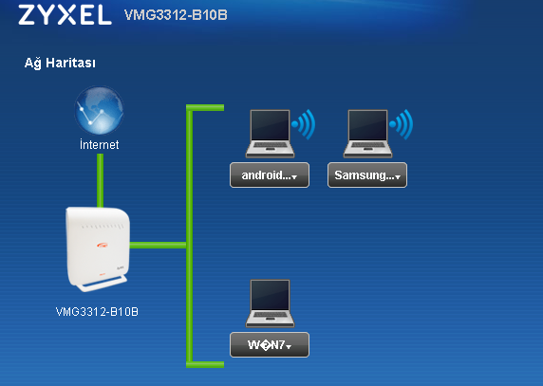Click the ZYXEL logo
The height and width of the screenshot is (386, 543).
pyautogui.click(x=66, y=15)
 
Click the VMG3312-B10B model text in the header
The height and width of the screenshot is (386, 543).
pyautogui.click(x=176, y=15)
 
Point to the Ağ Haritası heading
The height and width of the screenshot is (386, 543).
pyautogui.click(x=60, y=63)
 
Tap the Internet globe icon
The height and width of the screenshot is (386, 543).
pyautogui.click(x=99, y=110)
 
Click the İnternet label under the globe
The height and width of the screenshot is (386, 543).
pyautogui.click(x=100, y=144)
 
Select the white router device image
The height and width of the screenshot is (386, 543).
pyautogui.click(x=98, y=249)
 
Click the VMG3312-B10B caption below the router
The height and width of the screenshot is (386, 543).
pyautogui.click(x=97, y=312)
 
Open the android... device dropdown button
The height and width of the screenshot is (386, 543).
pyautogui.click(x=270, y=175)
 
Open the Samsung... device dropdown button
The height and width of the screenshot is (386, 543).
pyautogui.click(x=367, y=175)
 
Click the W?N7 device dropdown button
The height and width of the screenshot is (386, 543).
pyautogui.click(x=270, y=345)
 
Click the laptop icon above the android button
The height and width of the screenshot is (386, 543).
pyautogui.click(x=271, y=134)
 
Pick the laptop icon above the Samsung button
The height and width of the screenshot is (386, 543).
pyautogui.click(x=367, y=134)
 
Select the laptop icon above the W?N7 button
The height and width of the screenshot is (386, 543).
pyautogui.click(x=271, y=303)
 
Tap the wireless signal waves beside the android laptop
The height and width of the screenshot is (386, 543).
pyautogui.click(x=304, y=124)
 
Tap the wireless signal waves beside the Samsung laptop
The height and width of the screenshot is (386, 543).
pyautogui.click(x=402, y=124)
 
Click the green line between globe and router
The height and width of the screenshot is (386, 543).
pyautogui.click(x=100, y=180)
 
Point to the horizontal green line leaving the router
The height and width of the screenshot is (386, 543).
pyautogui.click(x=158, y=246)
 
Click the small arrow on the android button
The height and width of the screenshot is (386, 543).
pyautogui.click(x=294, y=177)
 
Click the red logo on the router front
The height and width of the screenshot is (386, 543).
pyautogui.click(x=103, y=246)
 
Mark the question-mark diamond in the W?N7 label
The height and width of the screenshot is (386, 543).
pyautogui.click(x=265, y=345)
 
